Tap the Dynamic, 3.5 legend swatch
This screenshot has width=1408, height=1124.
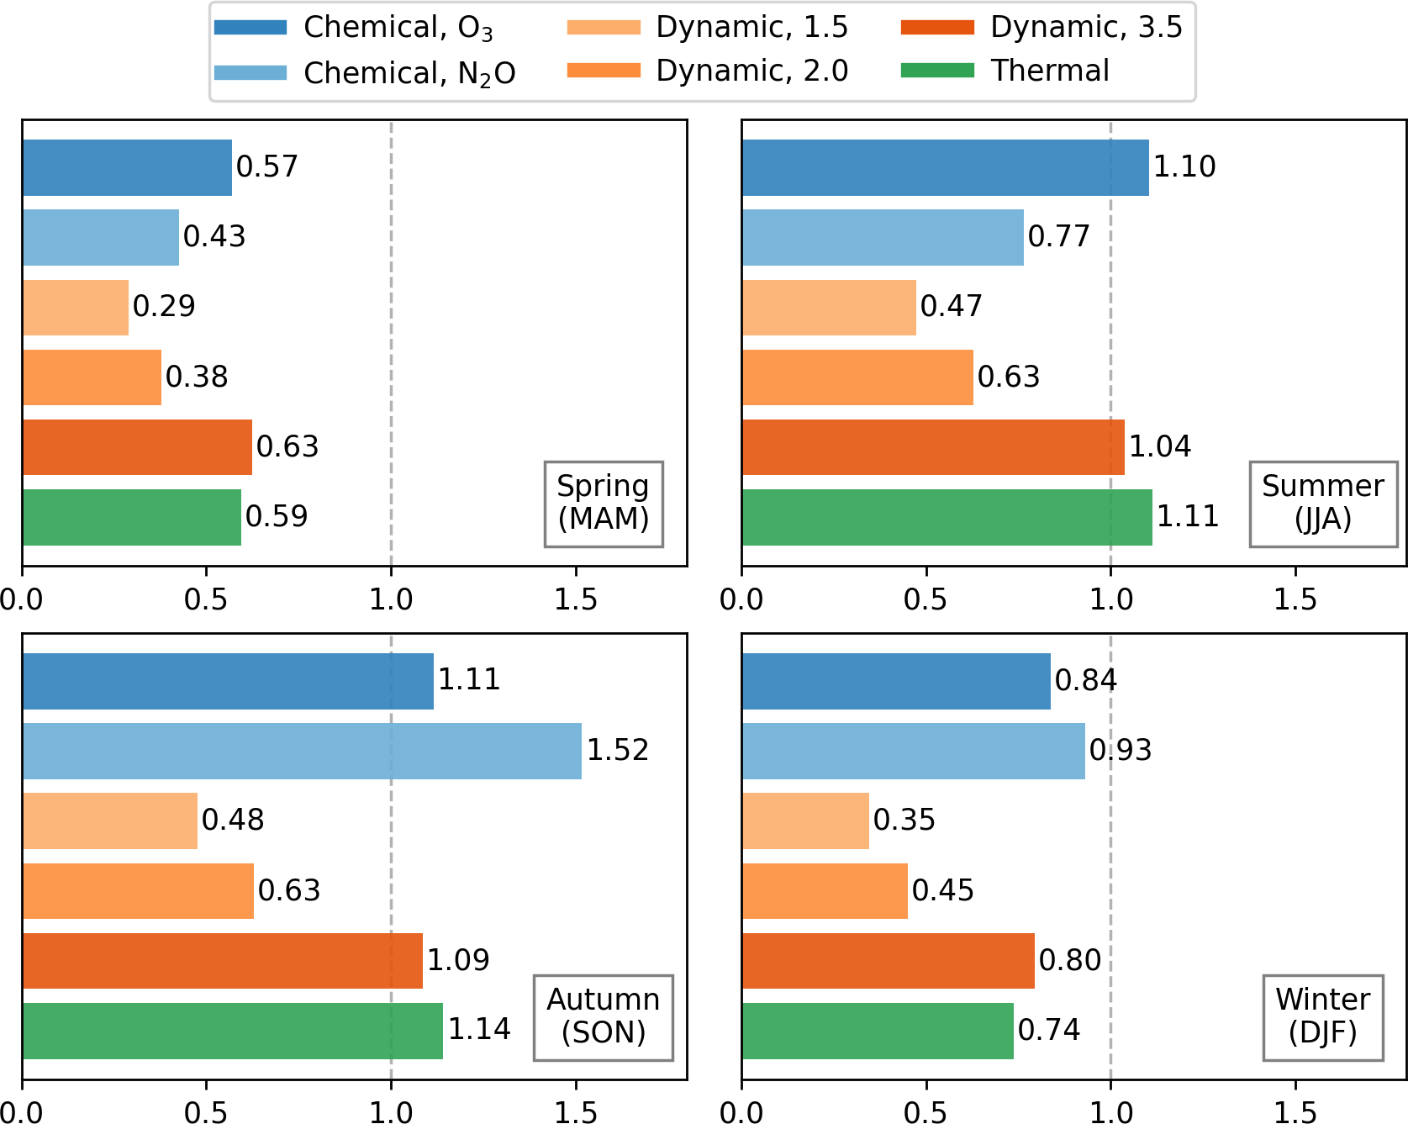point(937,28)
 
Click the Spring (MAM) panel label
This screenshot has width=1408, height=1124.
point(604,503)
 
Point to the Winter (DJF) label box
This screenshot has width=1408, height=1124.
point(1322,1016)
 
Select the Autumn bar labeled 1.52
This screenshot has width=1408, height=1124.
point(302,751)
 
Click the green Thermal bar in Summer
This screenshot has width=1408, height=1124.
point(947,517)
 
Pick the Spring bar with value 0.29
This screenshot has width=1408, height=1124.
point(76,307)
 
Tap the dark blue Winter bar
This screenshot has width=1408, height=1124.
point(896,681)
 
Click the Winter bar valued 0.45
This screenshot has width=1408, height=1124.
point(825,890)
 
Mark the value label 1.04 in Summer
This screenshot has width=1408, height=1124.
point(1159,446)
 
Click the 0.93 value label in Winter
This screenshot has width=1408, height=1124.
point(1120,750)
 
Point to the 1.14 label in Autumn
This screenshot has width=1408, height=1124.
point(479,1029)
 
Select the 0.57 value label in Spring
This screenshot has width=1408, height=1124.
point(267,166)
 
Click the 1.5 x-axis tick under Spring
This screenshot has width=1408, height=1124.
point(576,599)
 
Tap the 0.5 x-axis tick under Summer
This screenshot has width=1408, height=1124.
point(925,599)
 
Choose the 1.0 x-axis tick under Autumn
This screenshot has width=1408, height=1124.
point(391,1112)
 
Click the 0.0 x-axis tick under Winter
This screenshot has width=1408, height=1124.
point(741,1112)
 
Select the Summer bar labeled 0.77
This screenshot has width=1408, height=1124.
point(883,237)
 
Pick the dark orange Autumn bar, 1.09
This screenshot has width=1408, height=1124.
point(223,960)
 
